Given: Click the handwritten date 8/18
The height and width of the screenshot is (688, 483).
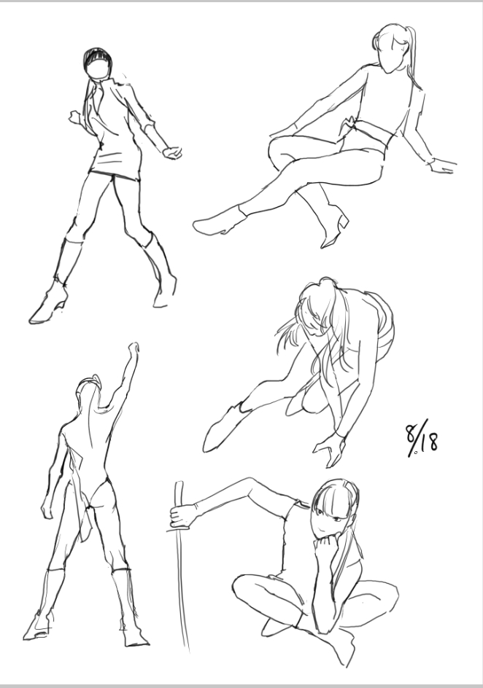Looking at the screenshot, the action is [421, 438].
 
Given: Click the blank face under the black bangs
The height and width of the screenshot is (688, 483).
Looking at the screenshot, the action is [98, 70].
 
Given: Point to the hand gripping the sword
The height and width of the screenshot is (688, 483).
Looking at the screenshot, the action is [182, 515].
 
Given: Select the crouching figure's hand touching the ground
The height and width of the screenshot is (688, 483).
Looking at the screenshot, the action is [329, 450].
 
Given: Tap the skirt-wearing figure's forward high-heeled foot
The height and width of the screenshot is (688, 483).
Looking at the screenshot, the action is [48, 304].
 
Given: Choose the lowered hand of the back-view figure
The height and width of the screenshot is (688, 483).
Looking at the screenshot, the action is [47, 509].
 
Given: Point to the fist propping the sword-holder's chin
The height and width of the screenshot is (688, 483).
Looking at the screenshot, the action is [325, 545].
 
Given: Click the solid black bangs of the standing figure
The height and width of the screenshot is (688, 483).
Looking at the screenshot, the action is [96, 56].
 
